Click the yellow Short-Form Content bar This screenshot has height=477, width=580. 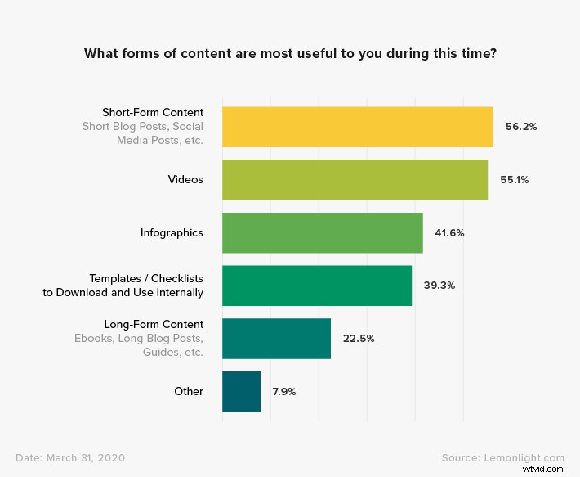point(357,127)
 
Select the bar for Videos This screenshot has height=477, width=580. point(355,180)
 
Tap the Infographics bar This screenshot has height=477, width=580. point(323,233)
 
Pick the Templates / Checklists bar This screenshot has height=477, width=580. point(317,286)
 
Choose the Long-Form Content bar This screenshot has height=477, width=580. point(276,339)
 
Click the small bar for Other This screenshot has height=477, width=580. point(241,392)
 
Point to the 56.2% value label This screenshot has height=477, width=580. point(520,127)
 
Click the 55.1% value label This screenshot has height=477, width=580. point(515,180)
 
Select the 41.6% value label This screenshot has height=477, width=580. point(449,233)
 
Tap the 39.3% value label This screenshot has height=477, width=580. point(439,286)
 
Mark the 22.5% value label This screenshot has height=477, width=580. point(358,339)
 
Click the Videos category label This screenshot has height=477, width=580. point(185,179)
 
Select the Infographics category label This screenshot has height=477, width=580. point(172,233)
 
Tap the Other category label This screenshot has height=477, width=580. point(189,392)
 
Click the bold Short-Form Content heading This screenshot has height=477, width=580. point(153,112)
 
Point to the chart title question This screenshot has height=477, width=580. point(289,54)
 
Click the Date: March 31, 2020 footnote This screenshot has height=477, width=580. point(70,458)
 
